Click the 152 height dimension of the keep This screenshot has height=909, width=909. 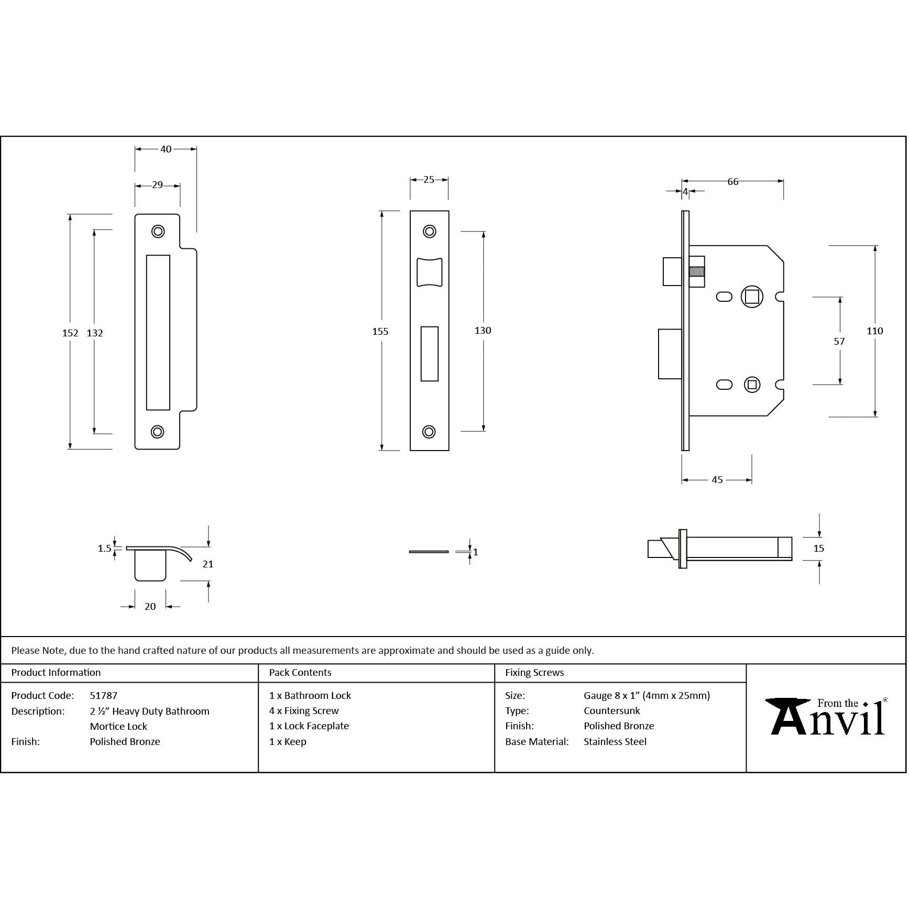point(70,333)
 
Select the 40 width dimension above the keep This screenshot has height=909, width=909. point(166,149)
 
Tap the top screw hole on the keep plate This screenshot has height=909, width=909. point(158,231)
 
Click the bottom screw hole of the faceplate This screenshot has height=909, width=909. point(429,432)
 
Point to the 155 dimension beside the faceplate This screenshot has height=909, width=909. point(380,331)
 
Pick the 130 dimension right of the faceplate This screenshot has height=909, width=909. point(483,330)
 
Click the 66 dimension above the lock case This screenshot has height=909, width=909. point(733,182)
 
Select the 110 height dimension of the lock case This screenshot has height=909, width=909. point(875,331)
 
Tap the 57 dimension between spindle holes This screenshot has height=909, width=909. point(839,341)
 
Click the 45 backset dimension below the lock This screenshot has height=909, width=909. point(717,479)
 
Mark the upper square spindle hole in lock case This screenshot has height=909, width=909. point(752,297)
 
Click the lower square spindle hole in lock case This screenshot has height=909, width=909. point(752,385)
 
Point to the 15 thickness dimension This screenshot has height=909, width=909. point(819,549)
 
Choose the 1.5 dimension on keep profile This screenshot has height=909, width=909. point(105,549)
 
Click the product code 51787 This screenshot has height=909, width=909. point(104,696)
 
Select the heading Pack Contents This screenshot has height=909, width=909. point(300,673)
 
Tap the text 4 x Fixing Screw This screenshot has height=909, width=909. point(304,711)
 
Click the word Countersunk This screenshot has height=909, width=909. point(612,711)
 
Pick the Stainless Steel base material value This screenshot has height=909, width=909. point(615,742)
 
